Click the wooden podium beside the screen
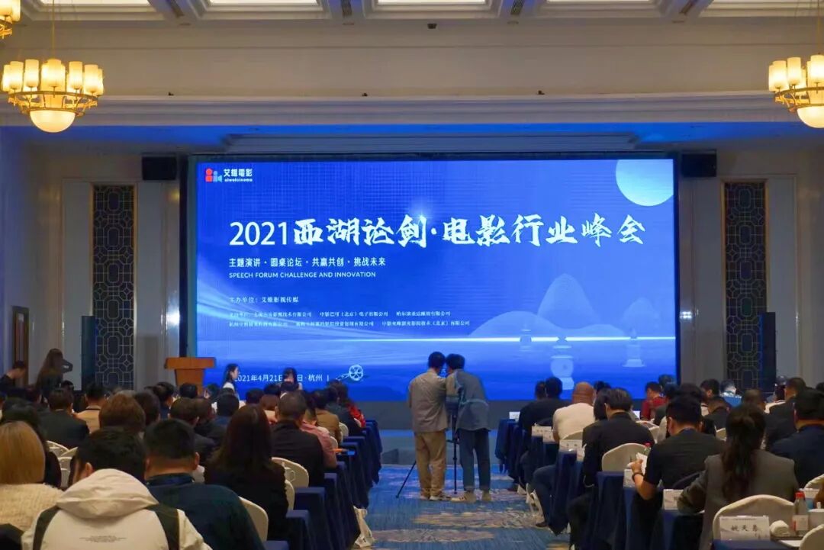(x=189, y=370)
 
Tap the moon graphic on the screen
(x=645, y=182)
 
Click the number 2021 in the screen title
(x=259, y=233)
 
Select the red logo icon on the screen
(x=213, y=175)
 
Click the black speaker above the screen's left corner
(x=159, y=168)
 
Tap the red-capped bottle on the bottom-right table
(x=800, y=513)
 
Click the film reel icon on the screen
(x=354, y=373)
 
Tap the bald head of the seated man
(x=584, y=394)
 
